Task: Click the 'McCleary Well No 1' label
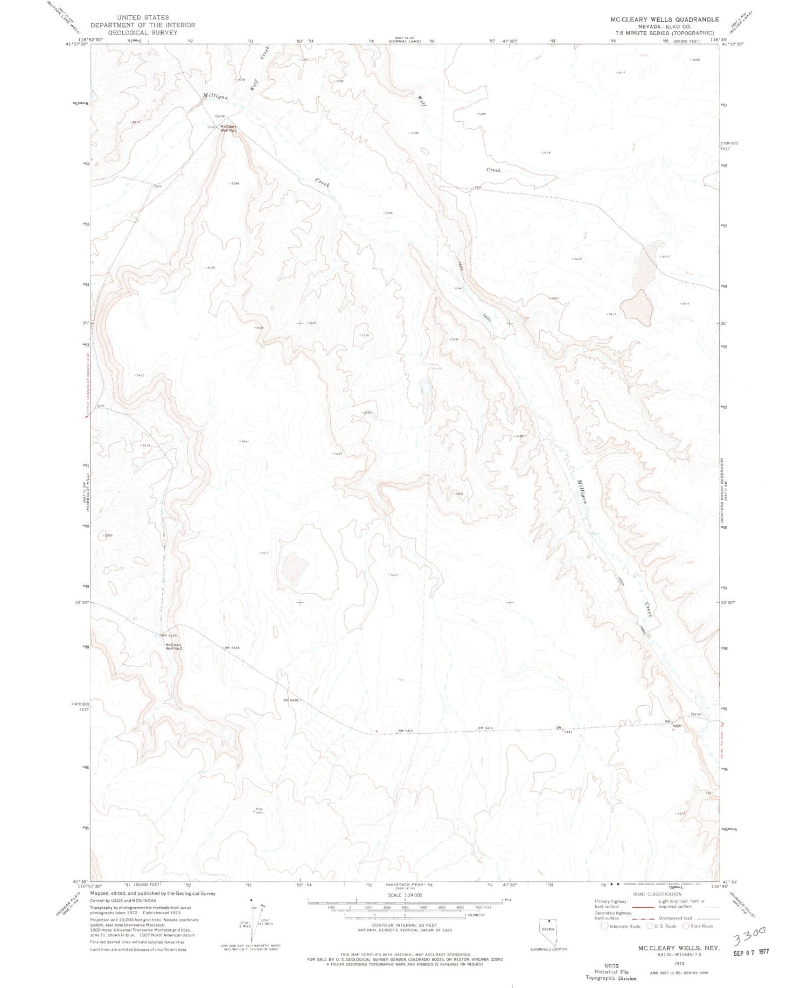point(229,129)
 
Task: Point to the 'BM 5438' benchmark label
point(290,700)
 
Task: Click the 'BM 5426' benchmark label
point(232,648)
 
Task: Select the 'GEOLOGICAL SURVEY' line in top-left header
point(143,32)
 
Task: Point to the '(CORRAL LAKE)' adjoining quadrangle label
point(403,41)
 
